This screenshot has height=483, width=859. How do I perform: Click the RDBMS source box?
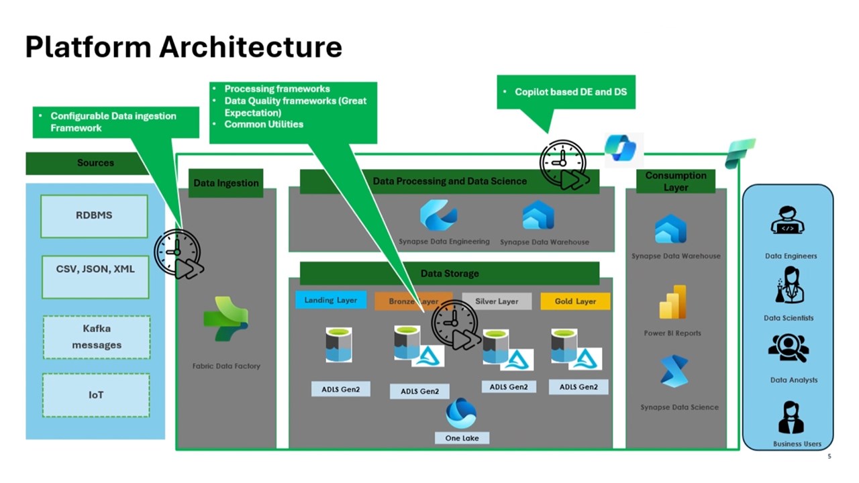coord(94,216)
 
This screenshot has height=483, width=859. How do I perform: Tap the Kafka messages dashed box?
coord(97,337)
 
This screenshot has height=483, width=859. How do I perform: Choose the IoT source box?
coord(96,395)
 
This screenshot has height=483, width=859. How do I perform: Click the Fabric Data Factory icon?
coord(226,319)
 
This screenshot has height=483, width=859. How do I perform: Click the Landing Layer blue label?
coord(331,300)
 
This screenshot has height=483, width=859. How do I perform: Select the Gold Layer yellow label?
coord(575,301)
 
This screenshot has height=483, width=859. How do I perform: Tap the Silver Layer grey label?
coord(497,301)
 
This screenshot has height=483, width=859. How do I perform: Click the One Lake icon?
coord(461,413)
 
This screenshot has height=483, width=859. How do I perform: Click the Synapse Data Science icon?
coord(674,372)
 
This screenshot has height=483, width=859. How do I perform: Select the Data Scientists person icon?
coord(789,284)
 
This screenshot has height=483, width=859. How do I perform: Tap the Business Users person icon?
coord(791,417)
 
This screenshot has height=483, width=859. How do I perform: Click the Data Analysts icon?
coord(789,347)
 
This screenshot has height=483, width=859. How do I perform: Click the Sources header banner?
coord(95,163)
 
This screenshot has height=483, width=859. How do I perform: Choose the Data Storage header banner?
coord(450,274)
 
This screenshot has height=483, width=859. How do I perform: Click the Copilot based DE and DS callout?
coord(566,92)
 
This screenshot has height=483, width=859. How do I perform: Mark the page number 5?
coord(829,457)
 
